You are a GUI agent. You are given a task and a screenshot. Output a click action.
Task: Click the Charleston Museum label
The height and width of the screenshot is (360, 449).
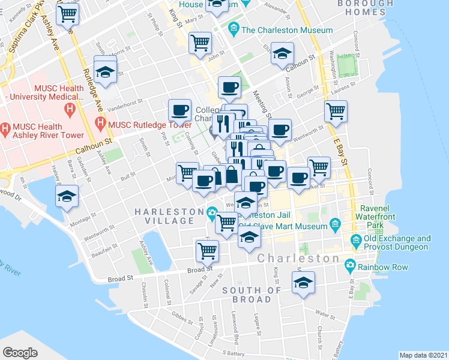click(287, 30)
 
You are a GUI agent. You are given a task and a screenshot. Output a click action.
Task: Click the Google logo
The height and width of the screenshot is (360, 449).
click(20, 353)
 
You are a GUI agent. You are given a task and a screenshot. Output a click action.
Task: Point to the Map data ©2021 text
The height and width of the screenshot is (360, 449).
click(423, 355)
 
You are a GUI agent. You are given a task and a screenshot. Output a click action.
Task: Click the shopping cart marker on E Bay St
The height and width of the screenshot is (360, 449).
click(336, 110)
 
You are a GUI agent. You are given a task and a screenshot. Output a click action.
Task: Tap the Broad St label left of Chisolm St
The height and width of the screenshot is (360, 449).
click(121, 278)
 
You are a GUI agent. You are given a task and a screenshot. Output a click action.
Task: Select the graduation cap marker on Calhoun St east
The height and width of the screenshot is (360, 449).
click(282, 54)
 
